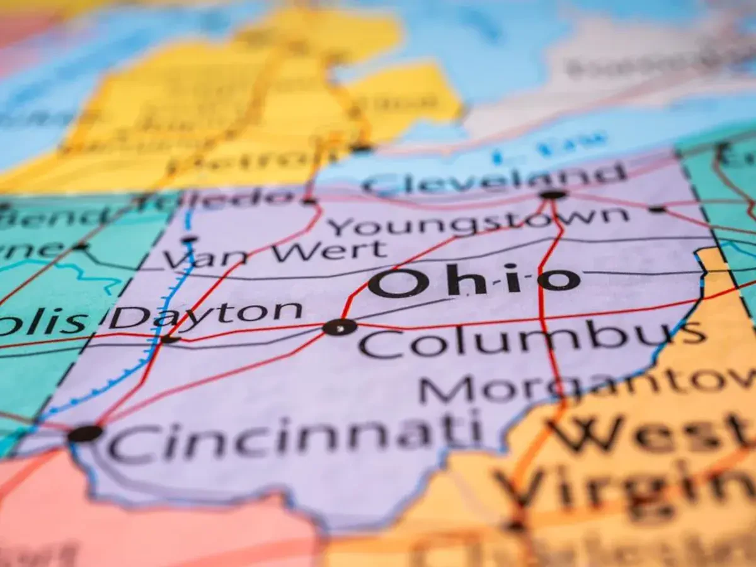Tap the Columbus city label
point(532,340)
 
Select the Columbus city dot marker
point(340,327)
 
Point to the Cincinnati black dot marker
point(85,433)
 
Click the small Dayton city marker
point(169,339)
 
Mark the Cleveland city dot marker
point(553,195)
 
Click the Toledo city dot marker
point(309,201)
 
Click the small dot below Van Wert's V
point(188,239)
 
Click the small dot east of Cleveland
point(657,209)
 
